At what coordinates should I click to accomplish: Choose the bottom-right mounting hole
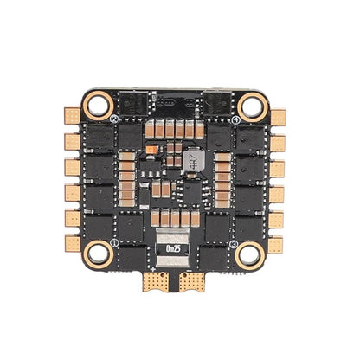[x=251, y=254]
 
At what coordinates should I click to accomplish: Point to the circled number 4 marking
[x=236, y=119]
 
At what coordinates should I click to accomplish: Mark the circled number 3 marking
[x=235, y=243]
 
